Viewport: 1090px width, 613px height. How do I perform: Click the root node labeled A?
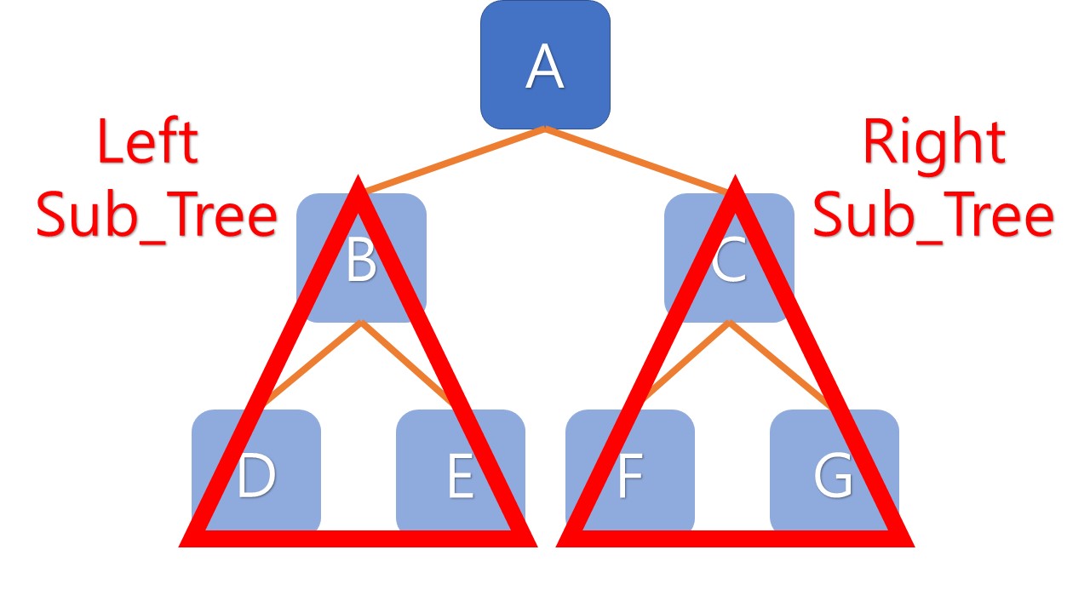pyautogui.click(x=545, y=65)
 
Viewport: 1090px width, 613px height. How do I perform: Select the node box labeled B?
pyautogui.click(x=361, y=259)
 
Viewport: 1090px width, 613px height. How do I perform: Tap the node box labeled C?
pyautogui.click(x=729, y=259)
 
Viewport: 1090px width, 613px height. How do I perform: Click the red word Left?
pyautogui.click(x=146, y=141)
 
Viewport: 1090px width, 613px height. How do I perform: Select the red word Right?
pyautogui.click(x=933, y=141)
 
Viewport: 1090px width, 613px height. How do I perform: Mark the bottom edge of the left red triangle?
pyautogui.click(x=358, y=538)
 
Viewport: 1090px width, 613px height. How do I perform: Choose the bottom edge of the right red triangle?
pyautogui.click(x=734, y=538)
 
